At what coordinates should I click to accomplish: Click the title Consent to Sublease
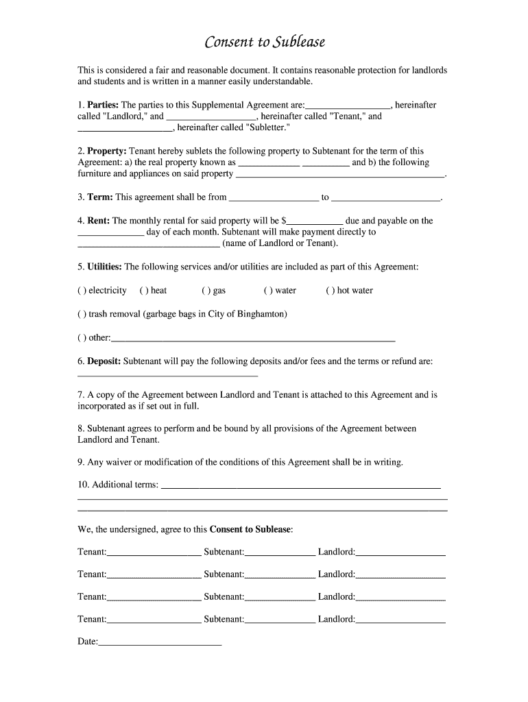coord(265,43)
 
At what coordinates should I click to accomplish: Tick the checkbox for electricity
coord(81,291)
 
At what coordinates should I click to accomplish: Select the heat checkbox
coord(143,291)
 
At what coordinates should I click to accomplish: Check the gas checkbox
coord(205,291)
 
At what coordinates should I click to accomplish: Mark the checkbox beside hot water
coord(329,291)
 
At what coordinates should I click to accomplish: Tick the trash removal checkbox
coord(81,314)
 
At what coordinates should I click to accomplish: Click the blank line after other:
coord(253,339)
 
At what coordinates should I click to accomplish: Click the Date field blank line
coord(160,644)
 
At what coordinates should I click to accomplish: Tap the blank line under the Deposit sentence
coord(168,374)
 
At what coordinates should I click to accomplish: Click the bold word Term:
coord(100,197)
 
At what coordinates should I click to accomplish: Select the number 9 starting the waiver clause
coord(80,462)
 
